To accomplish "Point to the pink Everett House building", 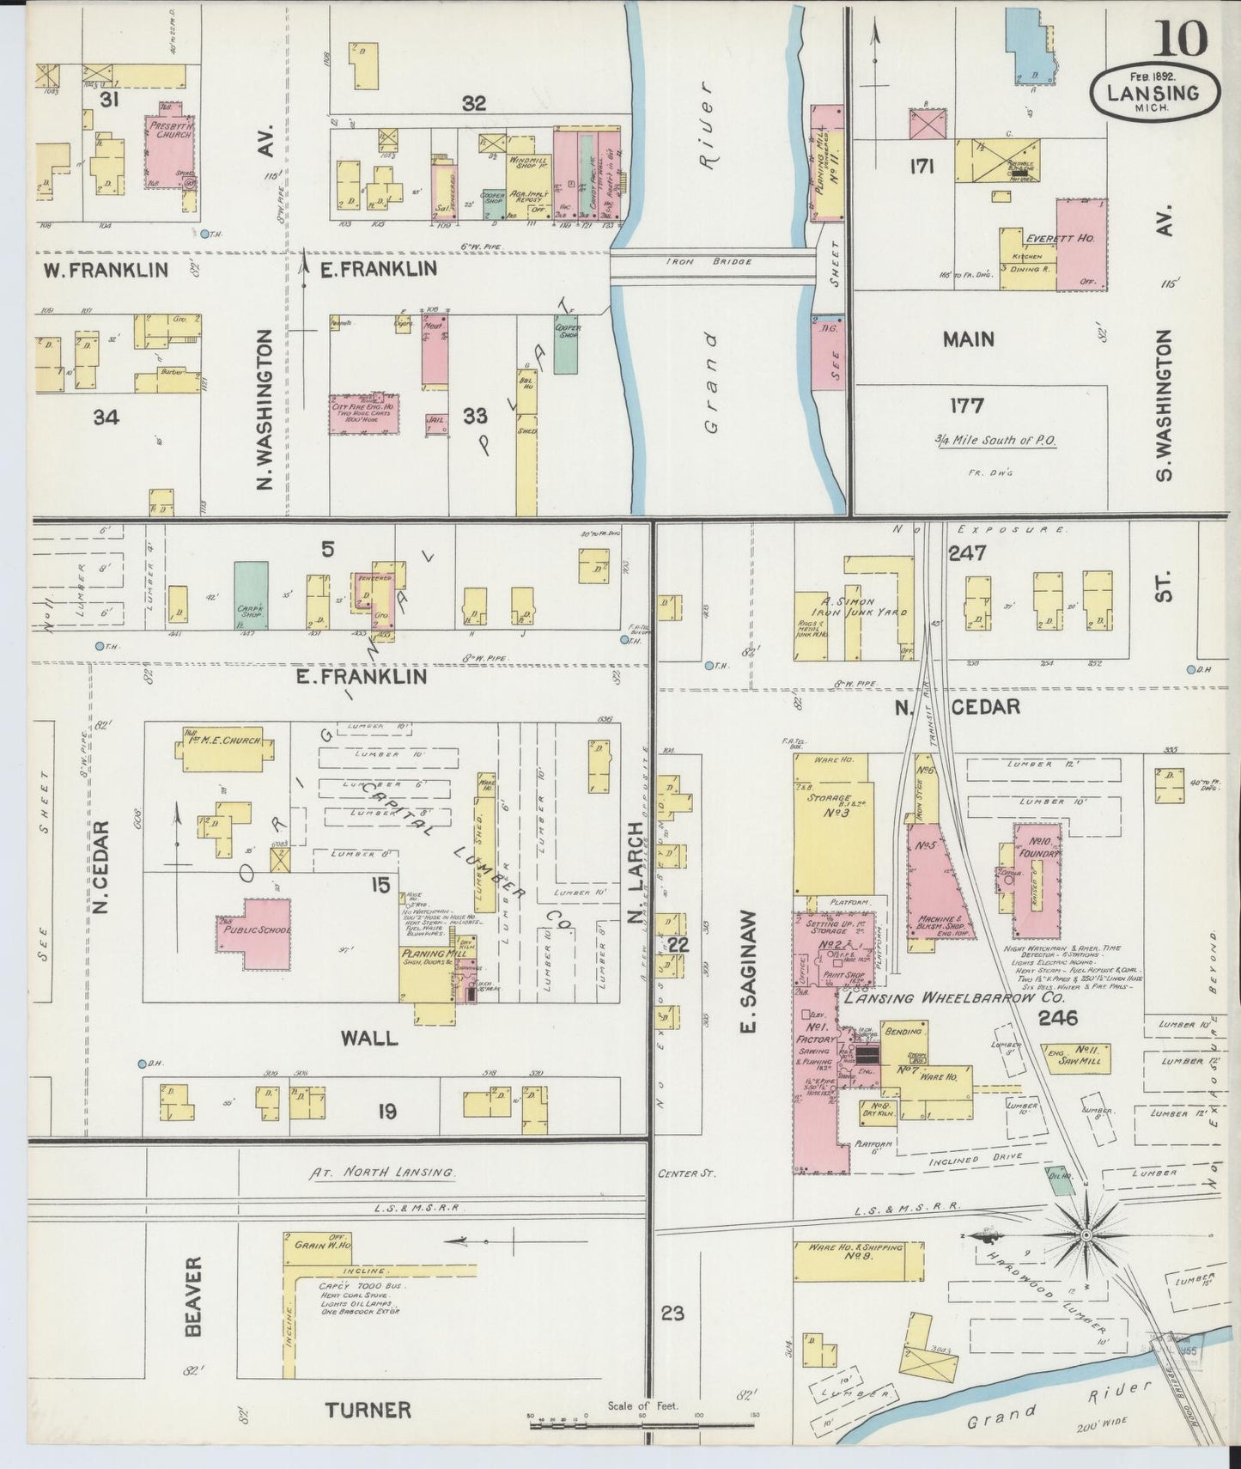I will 1080,244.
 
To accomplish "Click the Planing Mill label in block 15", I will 430,954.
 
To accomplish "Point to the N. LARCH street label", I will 636,876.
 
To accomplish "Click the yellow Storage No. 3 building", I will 832,824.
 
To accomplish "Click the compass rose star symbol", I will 1086,1234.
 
